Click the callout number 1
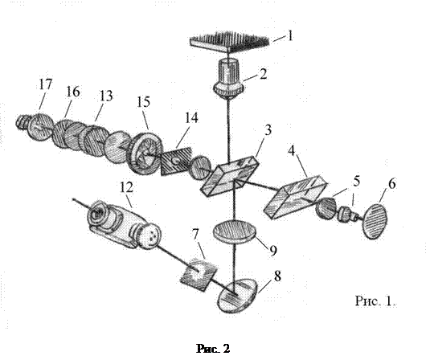pyautogui.click(x=290, y=35)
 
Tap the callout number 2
pyautogui.click(x=263, y=74)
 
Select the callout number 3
pyautogui.click(x=268, y=130)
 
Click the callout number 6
pyautogui.click(x=391, y=184)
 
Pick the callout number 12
pyautogui.click(x=127, y=187)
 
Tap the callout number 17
pyautogui.click(x=45, y=84)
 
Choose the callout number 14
pyautogui.click(x=191, y=118)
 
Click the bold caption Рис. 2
pyautogui.click(x=213, y=349)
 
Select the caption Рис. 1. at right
pyautogui.click(x=375, y=301)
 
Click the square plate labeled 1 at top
pyautogui.click(x=229, y=42)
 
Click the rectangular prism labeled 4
pyautogui.click(x=295, y=196)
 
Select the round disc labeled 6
pyautogui.click(x=375, y=222)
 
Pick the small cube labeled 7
pyautogui.click(x=199, y=274)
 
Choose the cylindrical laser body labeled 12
pyautogui.click(x=124, y=224)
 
